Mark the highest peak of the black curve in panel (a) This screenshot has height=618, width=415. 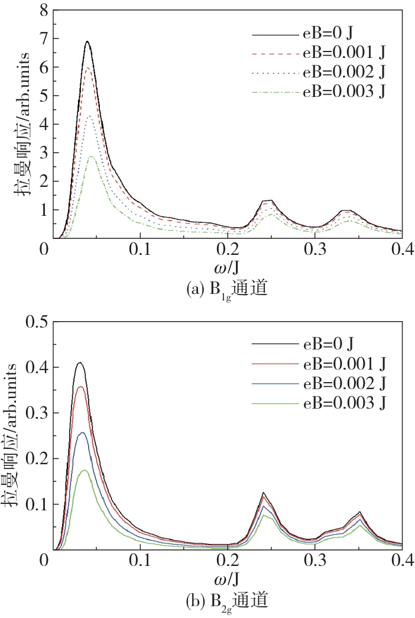click(87, 41)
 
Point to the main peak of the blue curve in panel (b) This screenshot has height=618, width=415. click(83, 432)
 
